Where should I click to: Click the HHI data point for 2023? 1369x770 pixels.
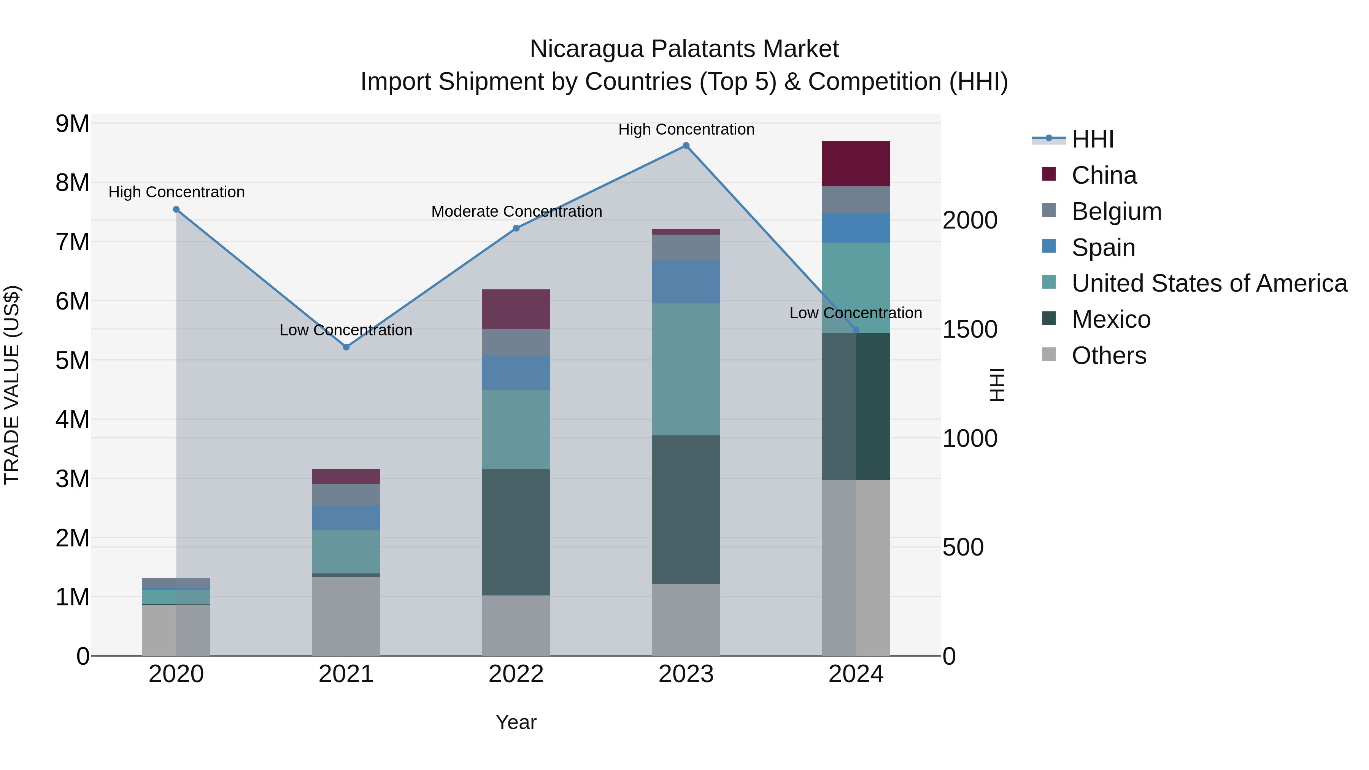[x=686, y=146]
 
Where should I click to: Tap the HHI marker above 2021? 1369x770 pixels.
[x=346, y=347]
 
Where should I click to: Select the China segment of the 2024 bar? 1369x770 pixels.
[x=856, y=164]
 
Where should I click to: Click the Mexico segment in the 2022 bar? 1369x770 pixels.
[x=516, y=532]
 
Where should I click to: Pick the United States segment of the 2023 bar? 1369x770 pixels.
[x=686, y=369]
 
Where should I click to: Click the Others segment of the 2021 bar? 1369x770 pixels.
[x=346, y=616]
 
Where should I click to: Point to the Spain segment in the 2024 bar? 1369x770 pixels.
[x=856, y=228]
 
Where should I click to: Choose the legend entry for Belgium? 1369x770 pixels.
[x=1116, y=211]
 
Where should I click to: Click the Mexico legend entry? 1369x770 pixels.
[x=1111, y=319]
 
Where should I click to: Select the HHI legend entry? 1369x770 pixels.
[x=1092, y=139]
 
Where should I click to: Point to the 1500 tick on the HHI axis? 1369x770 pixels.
[x=969, y=329]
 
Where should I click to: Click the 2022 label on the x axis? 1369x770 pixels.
[x=516, y=674]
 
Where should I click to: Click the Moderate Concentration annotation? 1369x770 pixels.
[x=516, y=211]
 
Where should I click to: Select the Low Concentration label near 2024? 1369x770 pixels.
[x=855, y=313]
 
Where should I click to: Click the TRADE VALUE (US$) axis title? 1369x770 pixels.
[x=12, y=385]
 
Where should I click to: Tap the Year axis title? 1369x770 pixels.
[x=516, y=722]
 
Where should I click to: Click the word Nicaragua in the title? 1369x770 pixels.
[x=587, y=49]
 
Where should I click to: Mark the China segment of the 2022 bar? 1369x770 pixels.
[x=516, y=309]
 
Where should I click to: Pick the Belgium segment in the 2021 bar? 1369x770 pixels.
[x=346, y=494]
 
